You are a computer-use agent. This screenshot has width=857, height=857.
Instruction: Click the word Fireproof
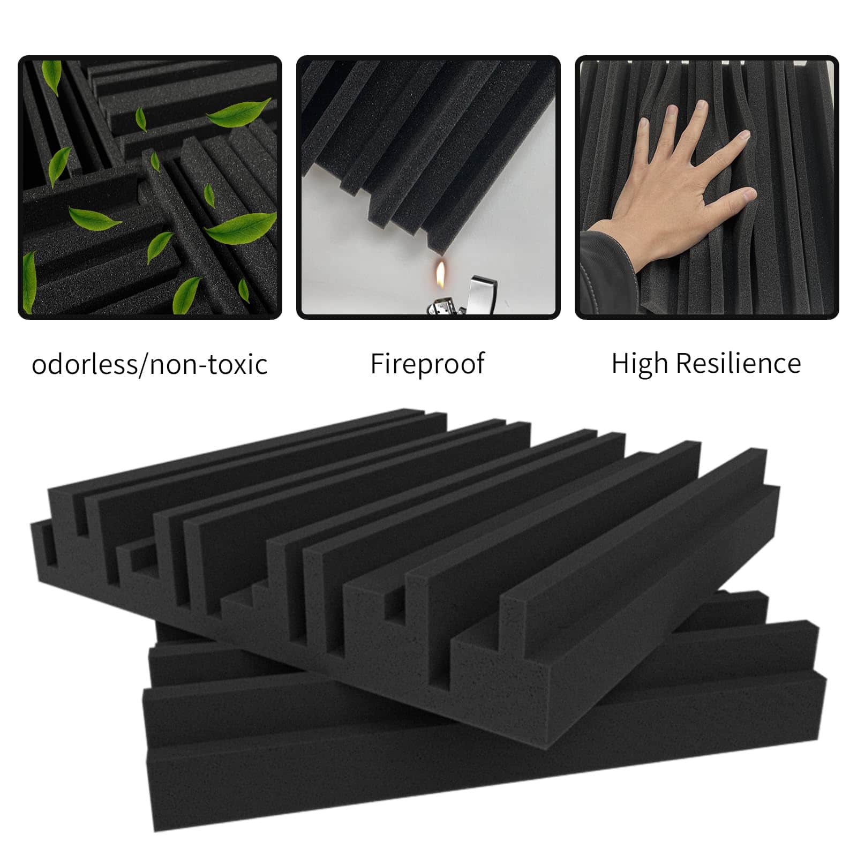click(427, 364)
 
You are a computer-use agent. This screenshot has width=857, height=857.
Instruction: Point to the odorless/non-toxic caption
click(149, 364)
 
